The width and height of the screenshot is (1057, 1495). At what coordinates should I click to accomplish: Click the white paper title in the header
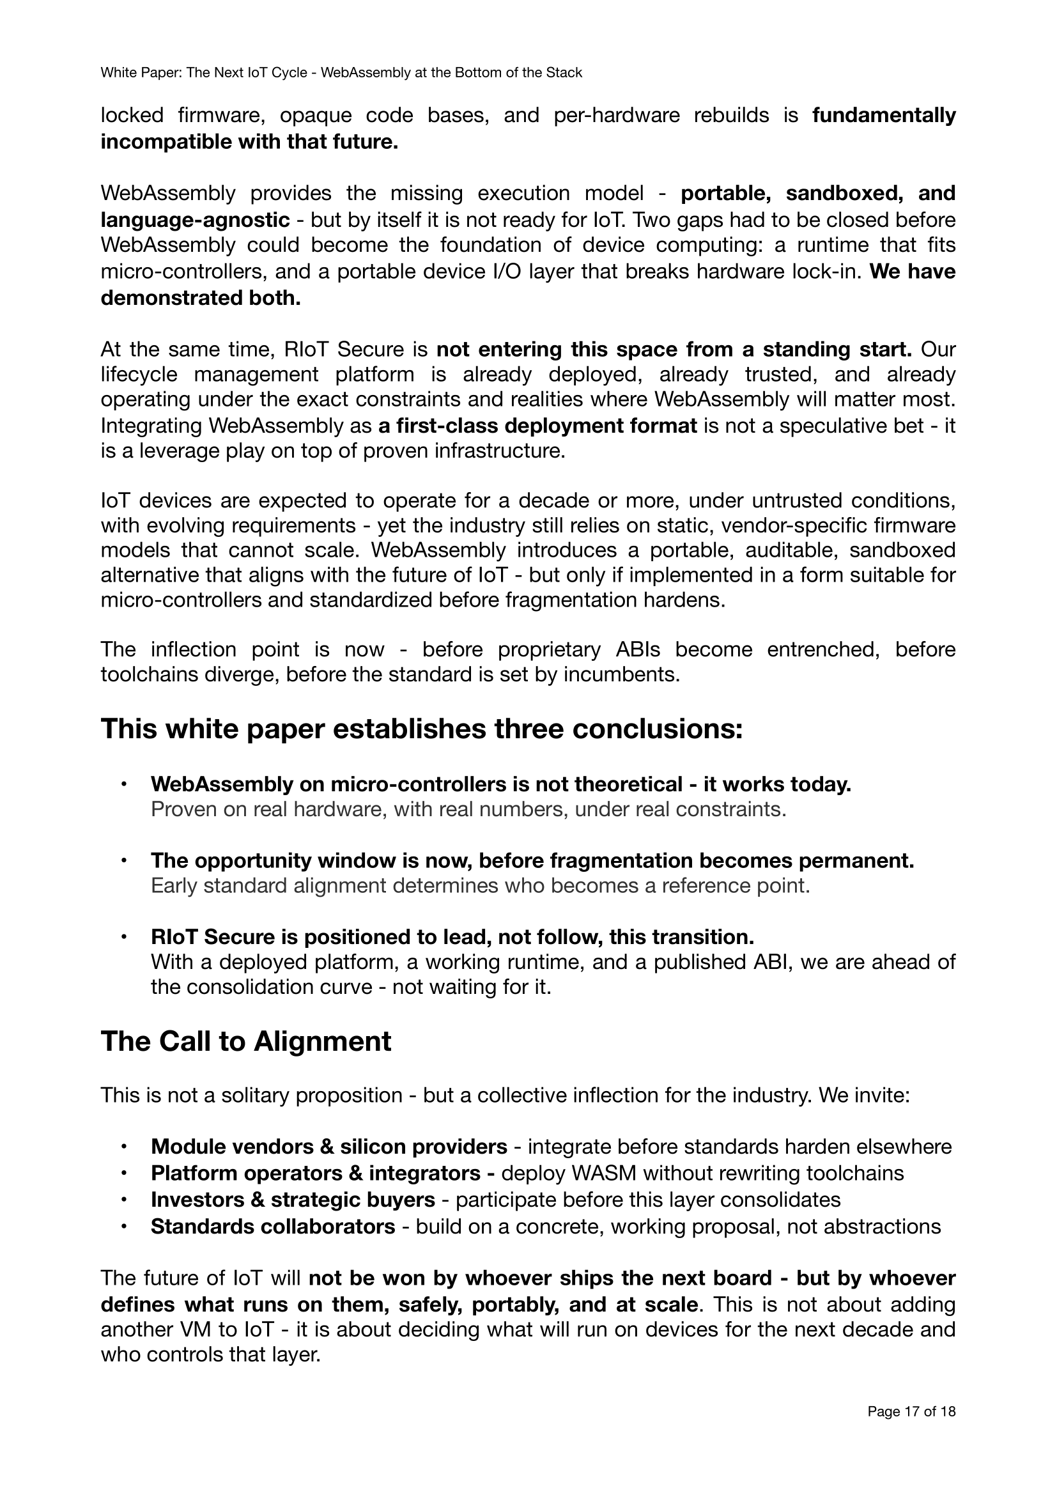[341, 73]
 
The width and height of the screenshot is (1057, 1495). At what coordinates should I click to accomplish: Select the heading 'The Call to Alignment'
[246, 1041]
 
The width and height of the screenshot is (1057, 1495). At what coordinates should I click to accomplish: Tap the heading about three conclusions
[422, 729]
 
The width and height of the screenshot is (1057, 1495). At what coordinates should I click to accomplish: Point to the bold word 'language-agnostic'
[196, 220]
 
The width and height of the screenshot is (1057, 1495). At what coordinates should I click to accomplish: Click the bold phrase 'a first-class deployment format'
[537, 426]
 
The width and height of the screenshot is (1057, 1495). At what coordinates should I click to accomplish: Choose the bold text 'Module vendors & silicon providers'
[328, 1146]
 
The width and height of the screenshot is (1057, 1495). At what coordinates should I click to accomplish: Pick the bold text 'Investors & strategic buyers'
[293, 1199]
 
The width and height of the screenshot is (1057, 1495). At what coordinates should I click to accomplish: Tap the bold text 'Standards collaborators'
[273, 1226]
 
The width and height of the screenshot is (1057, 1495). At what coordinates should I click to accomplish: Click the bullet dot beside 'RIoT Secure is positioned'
[122, 937]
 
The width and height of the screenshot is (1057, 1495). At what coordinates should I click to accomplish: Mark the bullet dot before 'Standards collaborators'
[122, 1226]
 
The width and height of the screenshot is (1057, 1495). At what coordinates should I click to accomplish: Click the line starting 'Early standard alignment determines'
[481, 885]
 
